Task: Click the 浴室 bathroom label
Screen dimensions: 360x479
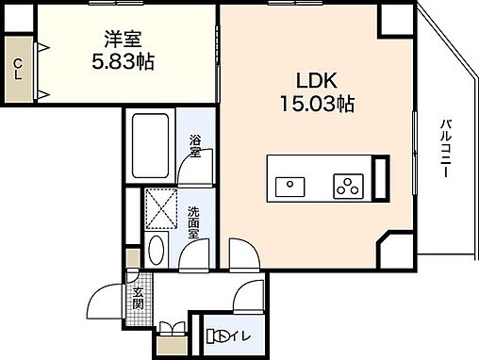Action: (195, 147)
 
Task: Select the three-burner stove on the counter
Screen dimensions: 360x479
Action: (347, 186)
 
